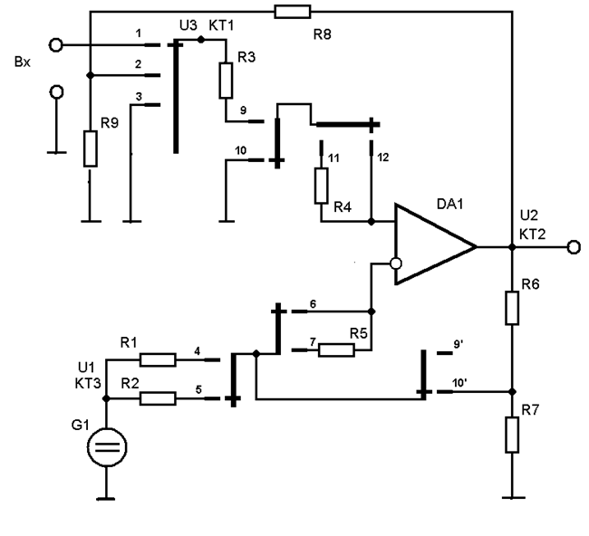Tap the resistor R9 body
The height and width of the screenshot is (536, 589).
[x=90, y=148]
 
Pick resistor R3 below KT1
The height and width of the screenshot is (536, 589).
[x=225, y=81]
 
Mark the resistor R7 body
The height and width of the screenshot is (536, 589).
[x=512, y=435]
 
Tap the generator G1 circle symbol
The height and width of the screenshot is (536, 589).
[x=108, y=446]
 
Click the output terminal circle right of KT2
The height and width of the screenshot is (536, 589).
[x=572, y=246]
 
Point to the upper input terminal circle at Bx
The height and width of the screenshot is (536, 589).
[x=56, y=43]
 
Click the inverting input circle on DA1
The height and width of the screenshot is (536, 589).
[x=394, y=264]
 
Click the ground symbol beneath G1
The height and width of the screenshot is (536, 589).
[x=108, y=496]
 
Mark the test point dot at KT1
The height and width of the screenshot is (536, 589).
[x=201, y=39]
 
